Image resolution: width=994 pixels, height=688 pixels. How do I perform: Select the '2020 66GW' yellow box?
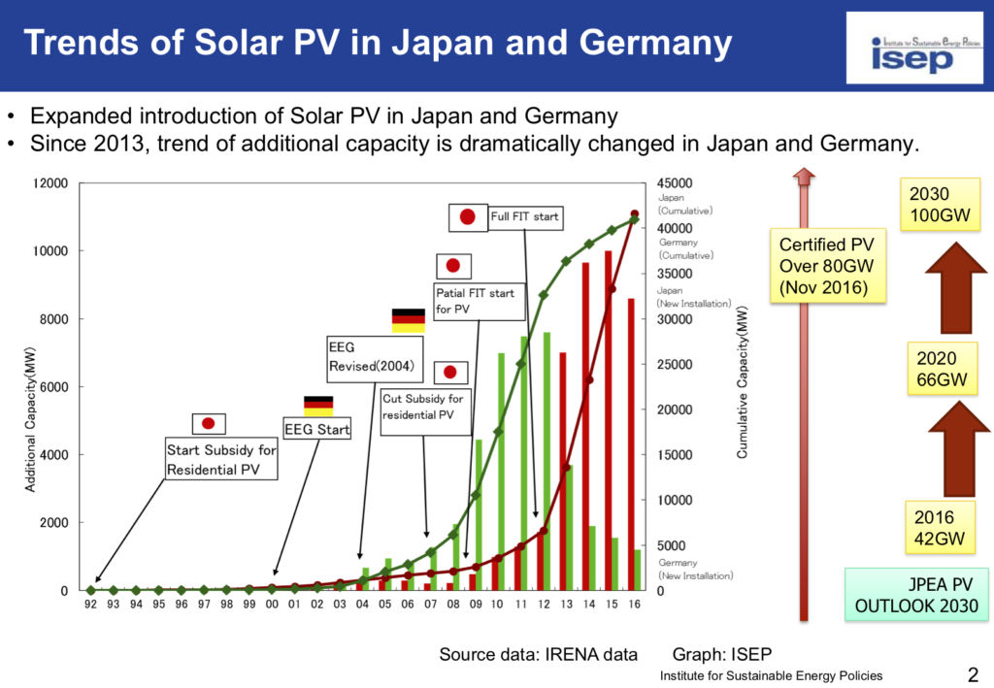coord(942,369)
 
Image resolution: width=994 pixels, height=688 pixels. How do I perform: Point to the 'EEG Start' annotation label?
coord(316,429)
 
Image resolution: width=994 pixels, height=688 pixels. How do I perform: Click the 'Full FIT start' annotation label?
coord(524,216)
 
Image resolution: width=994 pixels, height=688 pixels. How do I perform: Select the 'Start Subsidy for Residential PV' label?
coord(220,460)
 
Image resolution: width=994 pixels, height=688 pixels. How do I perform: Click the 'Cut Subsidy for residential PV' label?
coord(423,407)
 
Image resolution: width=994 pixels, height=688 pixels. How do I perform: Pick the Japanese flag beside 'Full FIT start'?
coord(467,217)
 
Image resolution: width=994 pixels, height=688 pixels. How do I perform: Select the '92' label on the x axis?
coord(90,605)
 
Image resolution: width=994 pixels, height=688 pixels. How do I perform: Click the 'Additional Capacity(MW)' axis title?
coord(30,428)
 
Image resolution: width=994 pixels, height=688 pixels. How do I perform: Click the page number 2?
coord(972,672)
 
